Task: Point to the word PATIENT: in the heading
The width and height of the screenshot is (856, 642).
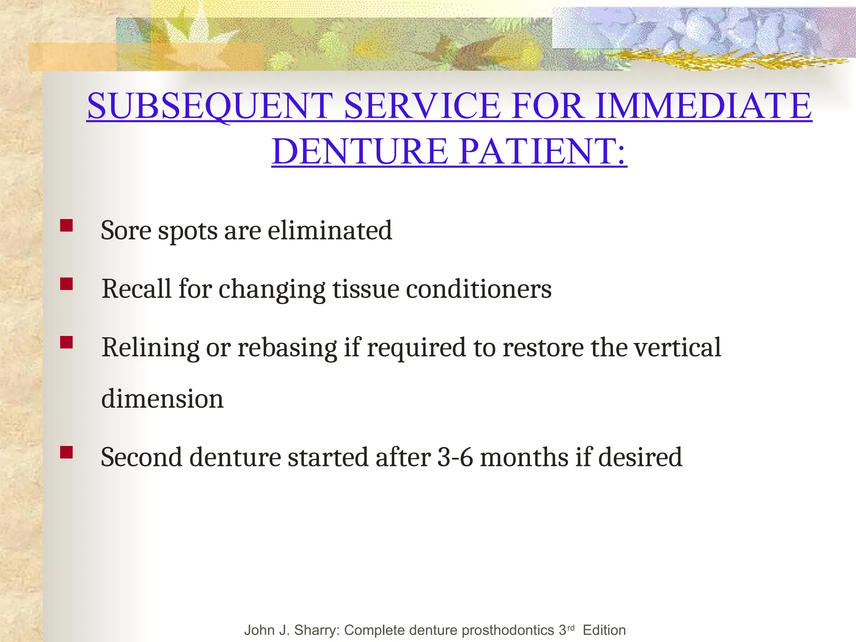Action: click(x=543, y=151)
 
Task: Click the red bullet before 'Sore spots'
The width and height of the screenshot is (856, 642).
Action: click(x=66, y=226)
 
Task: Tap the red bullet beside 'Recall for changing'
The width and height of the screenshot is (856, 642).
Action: click(x=66, y=284)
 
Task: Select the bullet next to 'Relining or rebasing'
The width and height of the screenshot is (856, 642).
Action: click(x=66, y=343)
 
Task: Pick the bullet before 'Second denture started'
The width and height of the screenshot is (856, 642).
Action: click(x=66, y=453)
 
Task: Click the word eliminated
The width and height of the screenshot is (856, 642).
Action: click(x=330, y=230)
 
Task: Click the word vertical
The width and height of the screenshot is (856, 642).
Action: click(x=677, y=347)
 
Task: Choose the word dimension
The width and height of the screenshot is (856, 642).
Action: click(x=162, y=398)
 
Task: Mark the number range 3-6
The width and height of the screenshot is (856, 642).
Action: click(x=455, y=457)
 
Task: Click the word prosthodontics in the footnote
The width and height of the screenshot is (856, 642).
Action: click(x=493, y=630)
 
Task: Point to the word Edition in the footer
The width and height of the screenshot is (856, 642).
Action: click(x=604, y=630)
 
